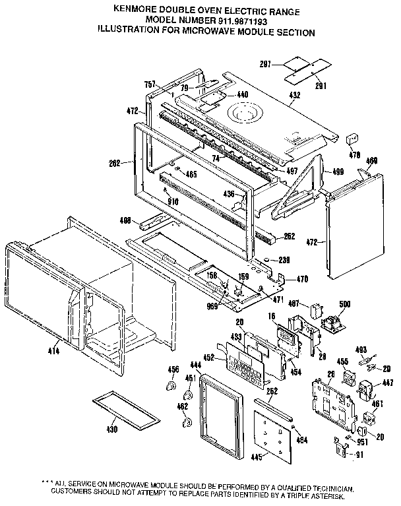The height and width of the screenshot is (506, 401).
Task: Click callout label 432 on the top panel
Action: (x=294, y=96)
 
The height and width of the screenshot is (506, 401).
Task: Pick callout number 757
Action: (x=151, y=84)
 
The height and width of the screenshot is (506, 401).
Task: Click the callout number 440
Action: (x=243, y=95)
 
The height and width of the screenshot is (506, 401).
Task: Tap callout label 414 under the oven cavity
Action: (x=53, y=352)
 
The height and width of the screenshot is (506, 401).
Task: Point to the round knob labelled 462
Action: (x=185, y=422)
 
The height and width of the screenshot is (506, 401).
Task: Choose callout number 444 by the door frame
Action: (x=196, y=365)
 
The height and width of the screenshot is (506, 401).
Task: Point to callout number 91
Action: (x=360, y=454)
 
